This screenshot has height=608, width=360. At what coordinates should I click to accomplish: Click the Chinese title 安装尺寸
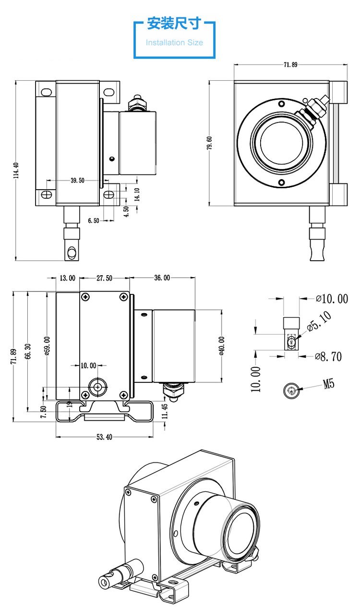[174, 24]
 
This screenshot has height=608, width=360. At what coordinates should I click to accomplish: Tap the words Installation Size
[174, 42]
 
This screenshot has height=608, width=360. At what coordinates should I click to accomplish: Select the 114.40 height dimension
[16, 171]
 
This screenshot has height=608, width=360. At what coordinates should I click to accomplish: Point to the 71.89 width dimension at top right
[290, 65]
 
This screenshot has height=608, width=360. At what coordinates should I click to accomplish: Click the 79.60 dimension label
[210, 143]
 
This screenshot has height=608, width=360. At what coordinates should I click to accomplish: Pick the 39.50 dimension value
[77, 181]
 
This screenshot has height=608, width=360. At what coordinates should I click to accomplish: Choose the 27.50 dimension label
[104, 278]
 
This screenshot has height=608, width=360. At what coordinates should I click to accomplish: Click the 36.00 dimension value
[162, 278]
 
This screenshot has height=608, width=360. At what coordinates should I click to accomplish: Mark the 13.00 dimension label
[67, 278]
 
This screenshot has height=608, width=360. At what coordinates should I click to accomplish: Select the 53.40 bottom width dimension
[104, 437]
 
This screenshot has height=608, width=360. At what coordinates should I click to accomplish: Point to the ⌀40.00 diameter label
[222, 346]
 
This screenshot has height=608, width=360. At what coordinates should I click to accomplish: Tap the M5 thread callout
[328, 384]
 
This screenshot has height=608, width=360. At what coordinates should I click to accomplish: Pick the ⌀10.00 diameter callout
[332, 299]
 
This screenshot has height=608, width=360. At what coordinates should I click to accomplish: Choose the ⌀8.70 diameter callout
[328, 356]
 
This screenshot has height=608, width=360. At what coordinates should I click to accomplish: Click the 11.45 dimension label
[165, 411]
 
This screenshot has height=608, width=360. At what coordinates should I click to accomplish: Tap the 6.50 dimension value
[94, 220]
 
